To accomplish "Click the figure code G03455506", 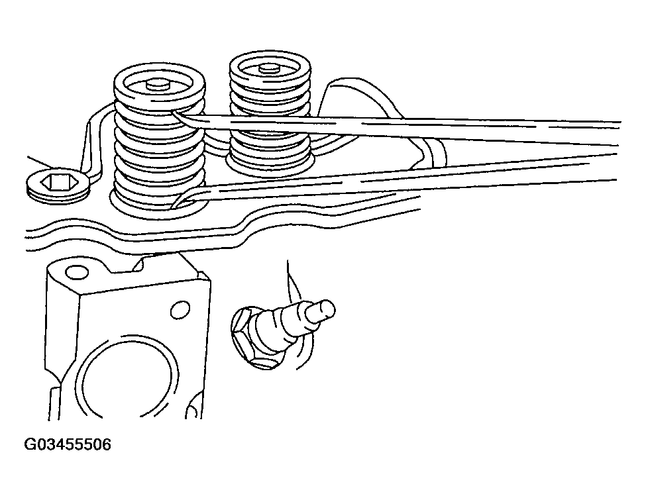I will pos(68,444).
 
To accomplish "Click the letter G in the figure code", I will pos(30,444).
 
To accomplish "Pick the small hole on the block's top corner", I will pos(78,272).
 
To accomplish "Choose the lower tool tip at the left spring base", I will pos(180,202).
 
